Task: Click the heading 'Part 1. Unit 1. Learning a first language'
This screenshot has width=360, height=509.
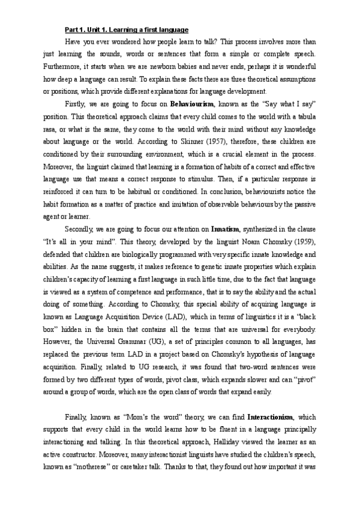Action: (x=127, y=29)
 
